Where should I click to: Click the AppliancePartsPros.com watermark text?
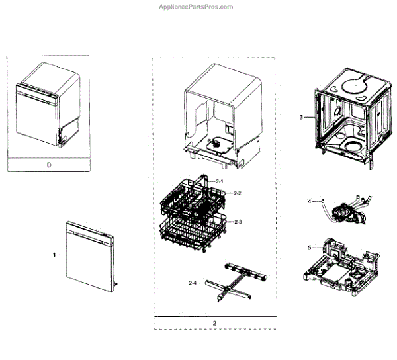point(198,7)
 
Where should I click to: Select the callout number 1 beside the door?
point(55,254)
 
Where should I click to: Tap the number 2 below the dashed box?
point(214,323)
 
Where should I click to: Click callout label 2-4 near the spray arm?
point(193,283)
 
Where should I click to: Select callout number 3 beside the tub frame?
point(301,117)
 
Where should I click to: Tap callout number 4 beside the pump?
point(308,200)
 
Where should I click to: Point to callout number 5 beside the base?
point(308,248)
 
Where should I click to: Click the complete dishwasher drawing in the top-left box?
point(48,105)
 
